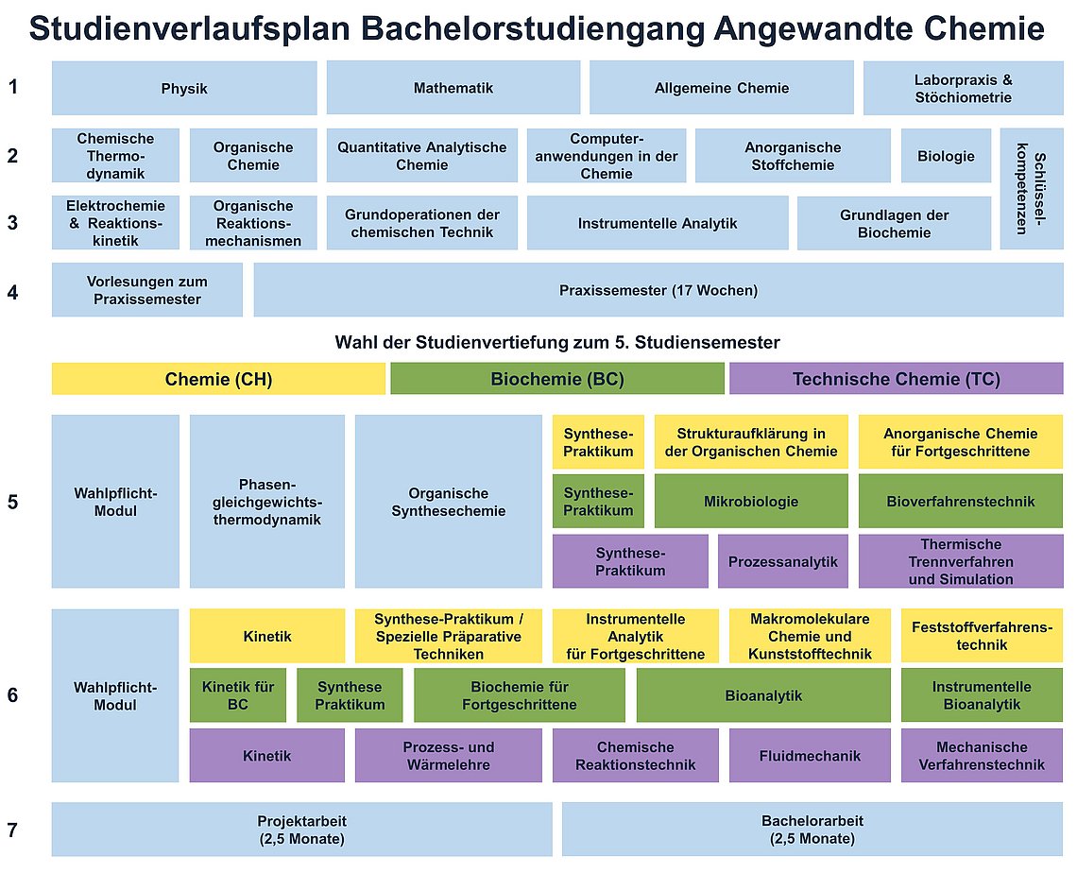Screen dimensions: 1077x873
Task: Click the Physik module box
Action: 184,88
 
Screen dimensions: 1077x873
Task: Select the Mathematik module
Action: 453,88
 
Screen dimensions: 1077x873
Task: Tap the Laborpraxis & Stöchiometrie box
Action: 963,88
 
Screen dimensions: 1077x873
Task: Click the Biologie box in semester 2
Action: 946,155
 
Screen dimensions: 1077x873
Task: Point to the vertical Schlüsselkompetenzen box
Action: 1032,189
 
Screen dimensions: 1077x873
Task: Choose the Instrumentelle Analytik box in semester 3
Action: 658,223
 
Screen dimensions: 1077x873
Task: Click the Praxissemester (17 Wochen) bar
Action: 658,290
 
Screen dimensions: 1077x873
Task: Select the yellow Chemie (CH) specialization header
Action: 218,379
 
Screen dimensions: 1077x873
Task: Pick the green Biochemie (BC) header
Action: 557,379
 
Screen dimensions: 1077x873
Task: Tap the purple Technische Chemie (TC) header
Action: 897,379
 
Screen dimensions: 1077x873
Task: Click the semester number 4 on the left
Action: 12,293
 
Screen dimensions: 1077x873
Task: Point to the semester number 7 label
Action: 12,830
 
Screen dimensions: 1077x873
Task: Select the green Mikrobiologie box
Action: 751,502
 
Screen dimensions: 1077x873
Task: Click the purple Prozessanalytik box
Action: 783,561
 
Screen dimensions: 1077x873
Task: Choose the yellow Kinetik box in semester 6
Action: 267,636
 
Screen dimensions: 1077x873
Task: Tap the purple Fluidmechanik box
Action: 810,756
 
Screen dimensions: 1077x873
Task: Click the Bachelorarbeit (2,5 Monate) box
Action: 812,829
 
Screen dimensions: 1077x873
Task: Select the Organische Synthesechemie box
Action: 449,502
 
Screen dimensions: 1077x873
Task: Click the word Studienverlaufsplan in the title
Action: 190,29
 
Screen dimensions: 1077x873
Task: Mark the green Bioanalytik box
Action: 763,695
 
